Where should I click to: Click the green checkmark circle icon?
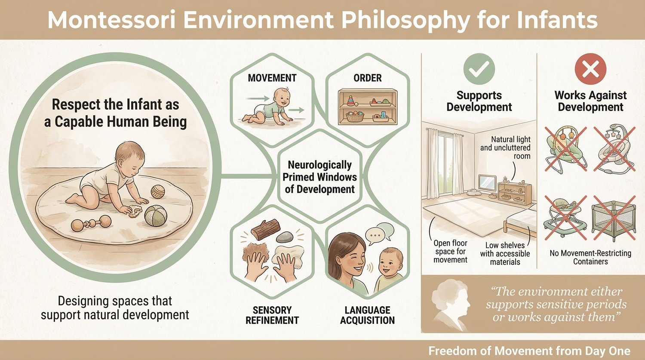click(x=479, y=69)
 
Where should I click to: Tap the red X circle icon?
click(x=590, y=69)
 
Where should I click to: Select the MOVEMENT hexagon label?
click(x=272, y=78)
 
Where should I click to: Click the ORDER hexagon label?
click(x=367, y=78)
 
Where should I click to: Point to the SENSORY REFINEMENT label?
click(x=272, y=315)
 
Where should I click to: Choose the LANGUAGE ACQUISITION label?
click(x=367, y=315)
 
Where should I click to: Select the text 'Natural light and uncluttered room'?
click(x=506, y=148)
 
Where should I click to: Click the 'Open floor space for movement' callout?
click(x=450, y=251)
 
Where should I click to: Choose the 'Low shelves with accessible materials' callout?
click(x=505, y=253)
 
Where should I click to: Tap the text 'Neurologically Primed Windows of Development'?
click(x=320, y=177)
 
